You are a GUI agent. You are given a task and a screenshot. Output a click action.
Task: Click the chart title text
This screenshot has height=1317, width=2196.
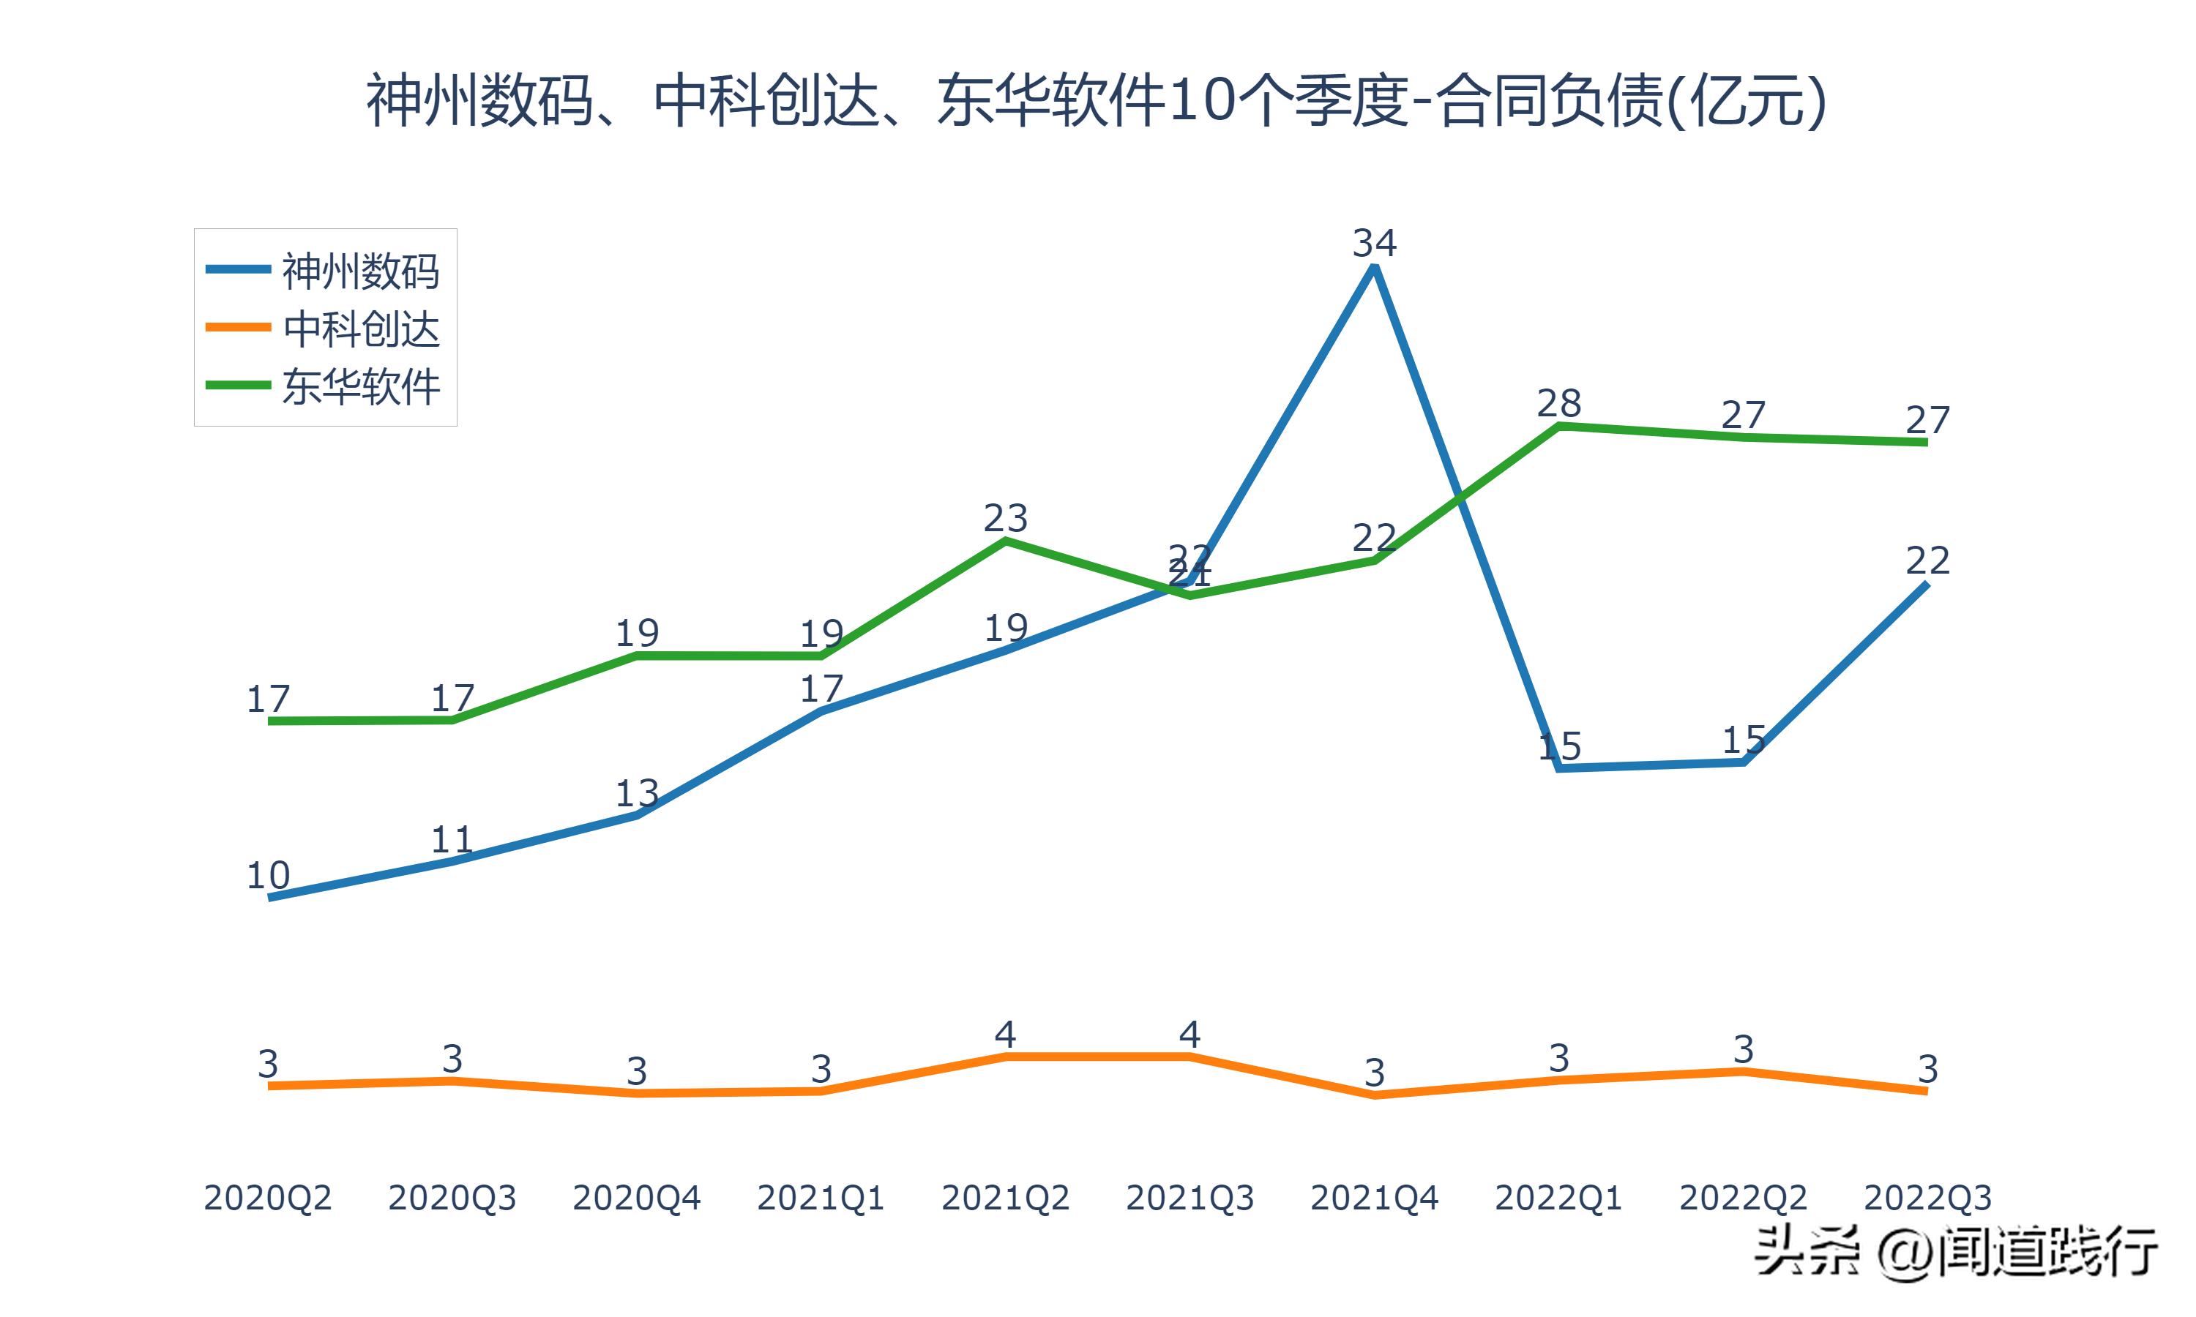click(1097, 100)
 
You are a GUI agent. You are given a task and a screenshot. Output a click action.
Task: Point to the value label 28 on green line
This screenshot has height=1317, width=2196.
click(1558, 404)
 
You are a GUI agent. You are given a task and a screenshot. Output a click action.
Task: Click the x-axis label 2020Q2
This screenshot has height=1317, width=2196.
click(267, 1198)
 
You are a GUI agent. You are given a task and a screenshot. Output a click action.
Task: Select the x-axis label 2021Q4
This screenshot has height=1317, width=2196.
click(1374, 1198)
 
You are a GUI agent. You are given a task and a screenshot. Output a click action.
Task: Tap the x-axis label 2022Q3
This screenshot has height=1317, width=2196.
click(1927, 1198)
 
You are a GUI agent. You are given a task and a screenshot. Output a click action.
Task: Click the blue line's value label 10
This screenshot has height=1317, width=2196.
click(267, 875)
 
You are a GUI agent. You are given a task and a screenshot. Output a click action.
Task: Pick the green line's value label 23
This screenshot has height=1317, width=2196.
click(1005, 517)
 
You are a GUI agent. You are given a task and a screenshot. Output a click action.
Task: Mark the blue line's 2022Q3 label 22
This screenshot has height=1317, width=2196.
click(1927, 560)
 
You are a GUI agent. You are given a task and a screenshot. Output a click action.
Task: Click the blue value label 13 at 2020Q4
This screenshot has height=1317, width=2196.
click(636, 792)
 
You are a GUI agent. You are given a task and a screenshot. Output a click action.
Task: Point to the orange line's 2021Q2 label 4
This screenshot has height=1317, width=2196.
click(1005, 1034)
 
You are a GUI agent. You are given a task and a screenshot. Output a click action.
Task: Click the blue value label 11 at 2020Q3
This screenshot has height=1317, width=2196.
click(452, 838)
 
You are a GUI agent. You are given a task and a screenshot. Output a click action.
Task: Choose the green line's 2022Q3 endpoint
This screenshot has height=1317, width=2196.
click(1926, 442)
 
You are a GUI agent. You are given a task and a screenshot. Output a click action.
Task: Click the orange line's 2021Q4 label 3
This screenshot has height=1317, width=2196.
click(1374, 1073)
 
